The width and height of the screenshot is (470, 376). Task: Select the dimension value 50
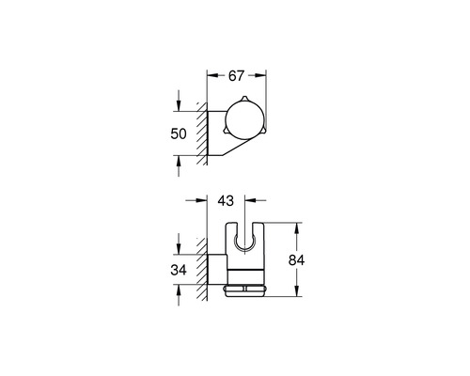[188, 134]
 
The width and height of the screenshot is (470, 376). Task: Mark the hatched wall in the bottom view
[202, 273]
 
